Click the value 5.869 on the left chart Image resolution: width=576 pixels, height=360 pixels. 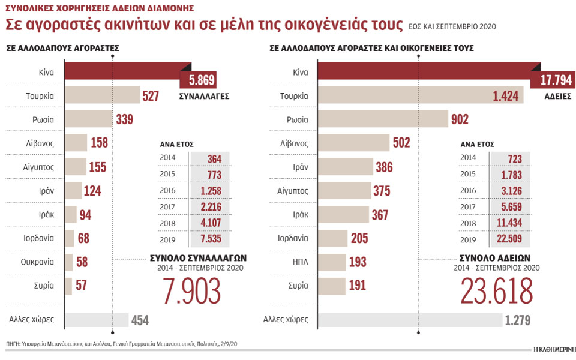coord(197,80)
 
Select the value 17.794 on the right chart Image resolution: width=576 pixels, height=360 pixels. coord(549,80)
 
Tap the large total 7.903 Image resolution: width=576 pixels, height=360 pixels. coord(191,290)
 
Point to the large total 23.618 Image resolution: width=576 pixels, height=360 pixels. coord(497,290)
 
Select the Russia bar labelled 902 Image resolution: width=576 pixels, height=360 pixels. coord(382,119)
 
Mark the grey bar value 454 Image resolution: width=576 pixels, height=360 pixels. coord(140,320)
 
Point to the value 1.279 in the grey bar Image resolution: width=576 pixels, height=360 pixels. coord(517,320)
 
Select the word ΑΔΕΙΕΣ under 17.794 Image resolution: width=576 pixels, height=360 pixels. coord(557,96)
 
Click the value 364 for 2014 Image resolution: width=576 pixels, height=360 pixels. coord(214,158)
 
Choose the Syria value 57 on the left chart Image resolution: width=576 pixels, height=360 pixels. coord(81,285)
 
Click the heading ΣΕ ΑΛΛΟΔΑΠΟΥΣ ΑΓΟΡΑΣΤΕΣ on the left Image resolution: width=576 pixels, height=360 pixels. coord(62,47)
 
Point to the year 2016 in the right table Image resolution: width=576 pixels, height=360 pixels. coord(469,191)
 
